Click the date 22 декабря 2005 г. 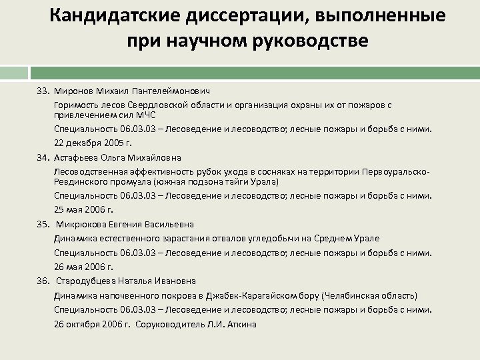[x=93, y=143]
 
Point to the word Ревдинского [x=81, y=181]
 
